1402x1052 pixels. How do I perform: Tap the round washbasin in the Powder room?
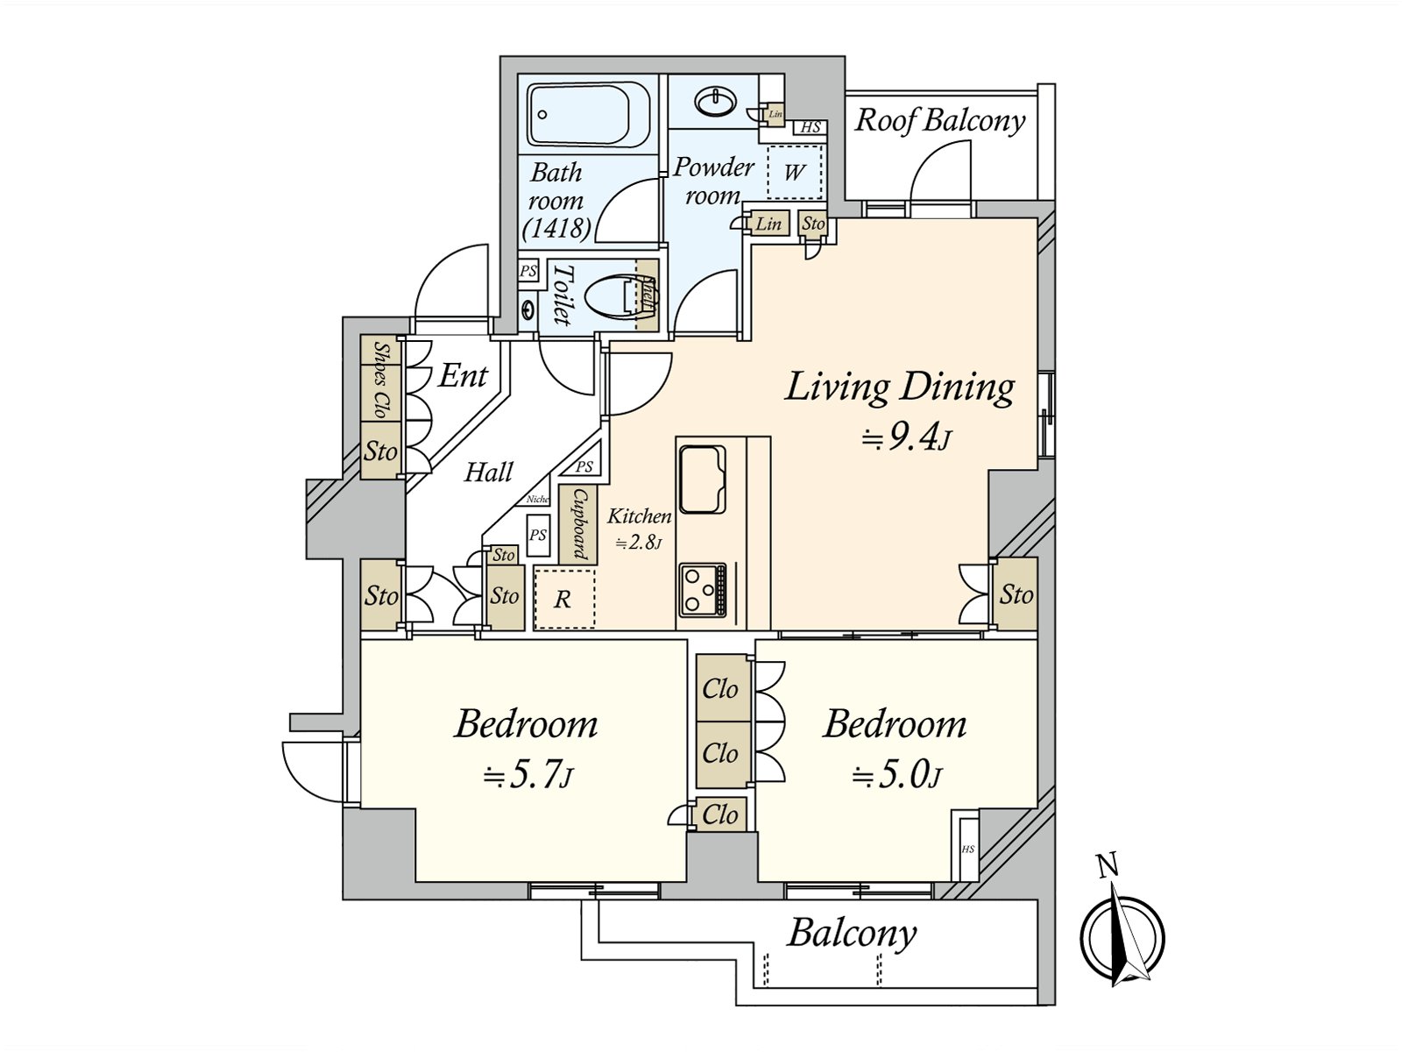click(x=716, y=102)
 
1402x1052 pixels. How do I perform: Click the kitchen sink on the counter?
click(x=702, y=480)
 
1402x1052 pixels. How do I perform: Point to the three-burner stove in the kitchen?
click(x=702, y=590)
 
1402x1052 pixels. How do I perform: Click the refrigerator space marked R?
click(x=563, y=600)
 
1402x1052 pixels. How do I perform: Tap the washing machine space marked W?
click(x=794, y=172)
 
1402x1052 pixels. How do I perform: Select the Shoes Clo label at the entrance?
click(x=381, y=380)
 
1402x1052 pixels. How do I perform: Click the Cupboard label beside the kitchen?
click(x=579, y=523)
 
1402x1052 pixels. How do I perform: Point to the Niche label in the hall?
click(x=537, y=499)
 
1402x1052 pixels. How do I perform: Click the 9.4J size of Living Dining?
click(x=906, y=437)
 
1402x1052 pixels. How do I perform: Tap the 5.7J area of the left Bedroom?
click(x=528, y=775)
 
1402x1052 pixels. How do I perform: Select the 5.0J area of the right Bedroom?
click(x=896, y=775)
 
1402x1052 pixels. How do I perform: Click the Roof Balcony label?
click(x=939, y=120)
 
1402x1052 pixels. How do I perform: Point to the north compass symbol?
click(x=1121, y=934)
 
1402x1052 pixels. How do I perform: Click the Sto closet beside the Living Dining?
click(x=1016, y=594)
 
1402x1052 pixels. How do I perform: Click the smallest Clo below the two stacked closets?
click(x=720, y=815)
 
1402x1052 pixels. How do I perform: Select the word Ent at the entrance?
click(x=463, y=376)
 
